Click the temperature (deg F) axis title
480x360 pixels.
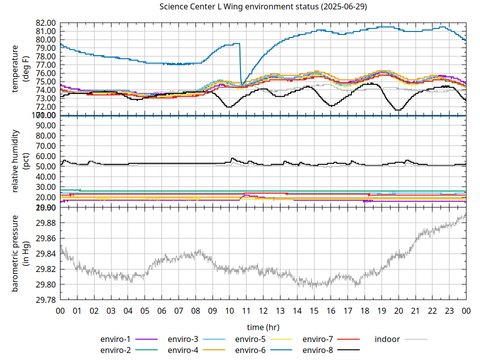20,69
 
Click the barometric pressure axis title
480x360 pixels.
20,253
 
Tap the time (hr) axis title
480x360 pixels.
263,327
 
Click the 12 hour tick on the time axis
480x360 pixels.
263,310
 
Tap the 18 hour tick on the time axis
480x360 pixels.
364,310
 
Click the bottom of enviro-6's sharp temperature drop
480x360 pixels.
242,84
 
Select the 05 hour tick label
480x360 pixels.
145,310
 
